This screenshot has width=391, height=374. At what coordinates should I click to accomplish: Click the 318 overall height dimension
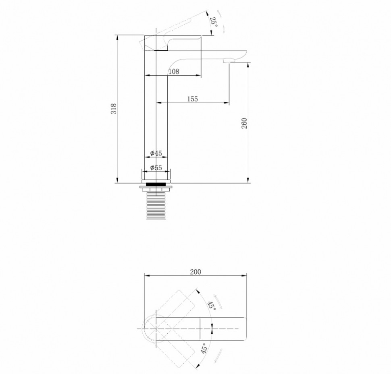point(114,109)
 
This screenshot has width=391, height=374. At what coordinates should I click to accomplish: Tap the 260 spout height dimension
point(244,123)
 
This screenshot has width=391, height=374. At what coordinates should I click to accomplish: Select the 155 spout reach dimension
point(193,99)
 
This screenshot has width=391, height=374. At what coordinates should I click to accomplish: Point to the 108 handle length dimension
point(174,72)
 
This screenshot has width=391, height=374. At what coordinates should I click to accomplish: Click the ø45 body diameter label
point(156,153)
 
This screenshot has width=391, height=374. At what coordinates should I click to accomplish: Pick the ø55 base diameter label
point(156,167)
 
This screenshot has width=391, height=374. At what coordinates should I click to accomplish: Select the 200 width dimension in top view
point(195,272)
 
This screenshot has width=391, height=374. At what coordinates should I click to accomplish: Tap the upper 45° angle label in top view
point(212,305)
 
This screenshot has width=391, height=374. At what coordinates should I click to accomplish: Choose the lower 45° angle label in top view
point(204,349)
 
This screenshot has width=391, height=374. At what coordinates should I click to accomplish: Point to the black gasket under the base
point(156,184)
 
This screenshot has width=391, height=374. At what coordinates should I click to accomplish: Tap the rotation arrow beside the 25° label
point(221,21)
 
